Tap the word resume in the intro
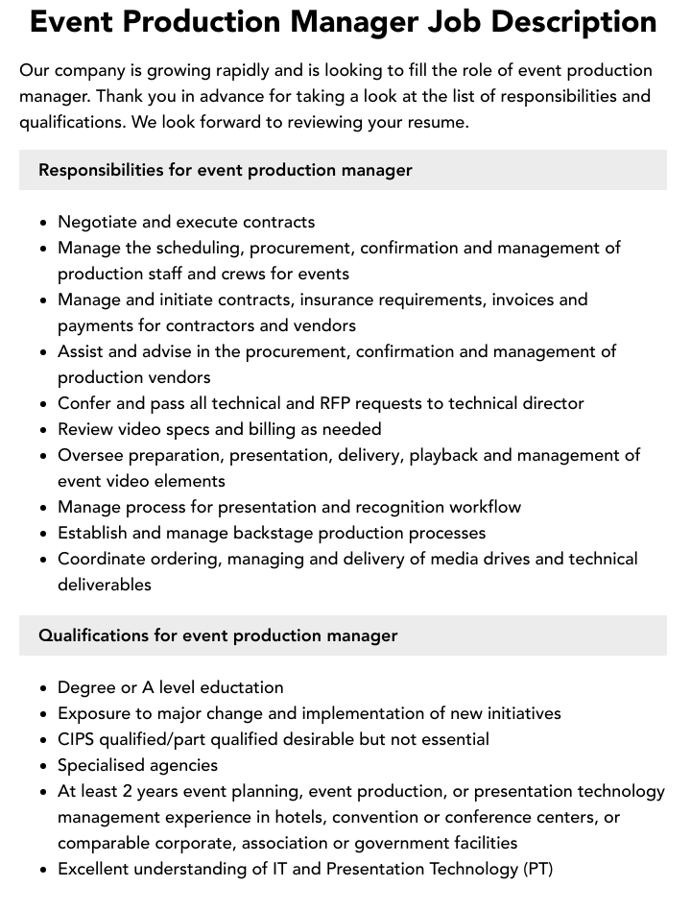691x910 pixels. pos(437,123)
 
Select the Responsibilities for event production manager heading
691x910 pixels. pos(225,170)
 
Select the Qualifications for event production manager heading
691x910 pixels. pos(218,635)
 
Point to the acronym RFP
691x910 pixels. pos(355,403)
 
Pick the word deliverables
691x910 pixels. pos(105,585)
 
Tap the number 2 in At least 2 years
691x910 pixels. pos(128,791)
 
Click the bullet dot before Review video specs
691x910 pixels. pos(44,430)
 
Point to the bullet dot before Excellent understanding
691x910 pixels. pos(44,870)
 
